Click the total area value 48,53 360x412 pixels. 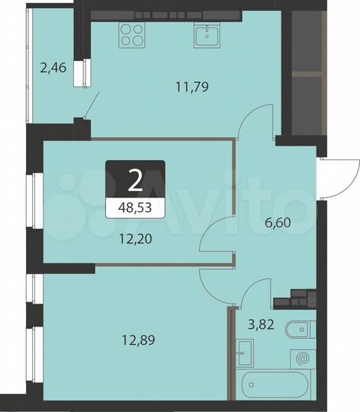tap(136, 206)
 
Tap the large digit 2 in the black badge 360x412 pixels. tap(136, 180)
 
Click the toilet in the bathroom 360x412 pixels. tap(298, 331)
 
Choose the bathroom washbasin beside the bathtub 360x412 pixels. tap(244, 352)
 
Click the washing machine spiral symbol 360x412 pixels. tap(303, 356)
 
